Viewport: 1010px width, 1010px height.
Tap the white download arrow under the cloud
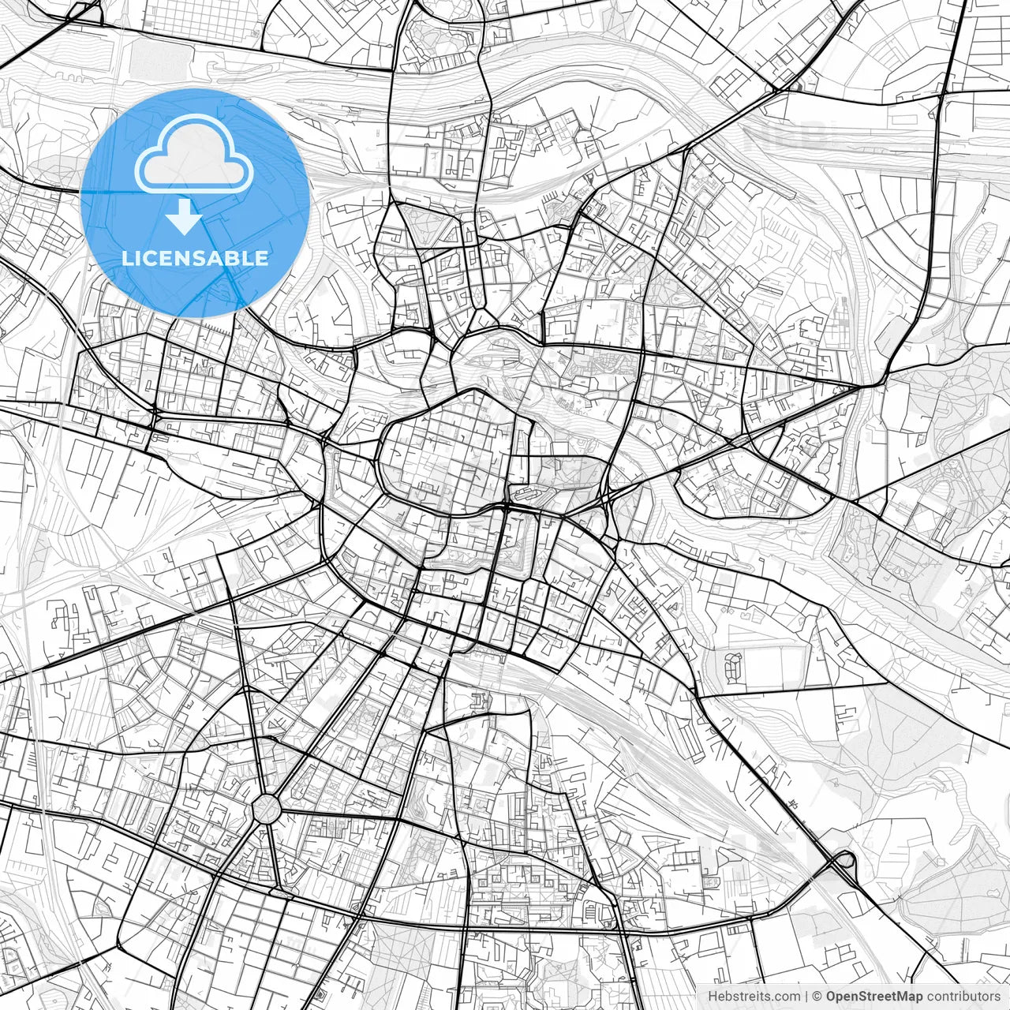[185, 217]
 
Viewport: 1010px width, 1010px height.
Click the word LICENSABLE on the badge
[195, 258]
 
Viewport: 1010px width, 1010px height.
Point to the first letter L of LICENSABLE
[127, 258]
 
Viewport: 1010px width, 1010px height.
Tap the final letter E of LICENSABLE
[262, 258]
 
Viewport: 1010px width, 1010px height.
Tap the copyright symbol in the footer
[818, 997]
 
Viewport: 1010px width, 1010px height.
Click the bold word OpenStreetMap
[874, 997]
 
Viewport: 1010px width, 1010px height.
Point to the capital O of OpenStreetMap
[832, 997]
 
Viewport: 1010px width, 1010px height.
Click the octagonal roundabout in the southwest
[267, 808]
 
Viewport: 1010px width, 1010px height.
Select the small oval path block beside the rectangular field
[733, 667]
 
